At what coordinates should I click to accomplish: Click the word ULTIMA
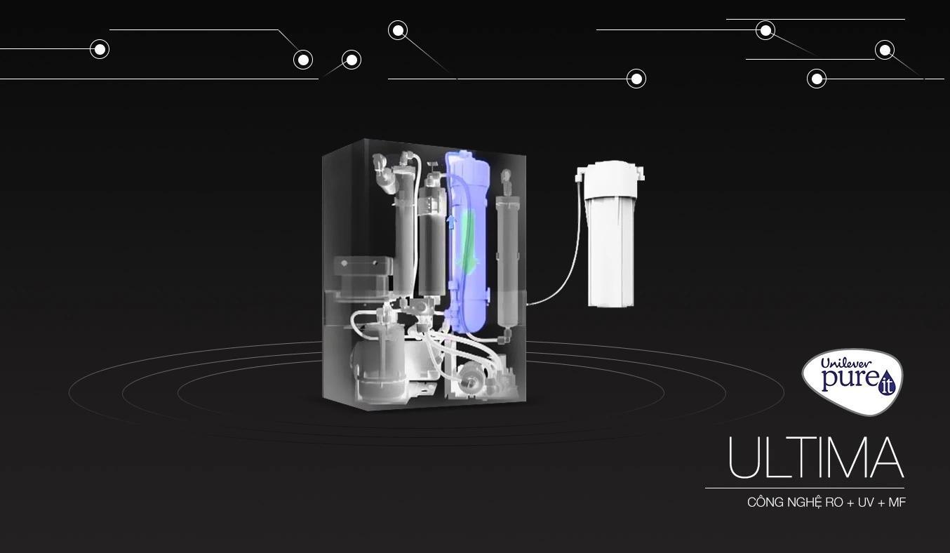pos(817,458)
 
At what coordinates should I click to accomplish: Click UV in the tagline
pos(866,502)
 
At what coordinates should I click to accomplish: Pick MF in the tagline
pos(897,502)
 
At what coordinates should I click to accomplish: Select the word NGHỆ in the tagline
pos(805,502)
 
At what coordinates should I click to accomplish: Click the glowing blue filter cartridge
pos(469,241)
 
